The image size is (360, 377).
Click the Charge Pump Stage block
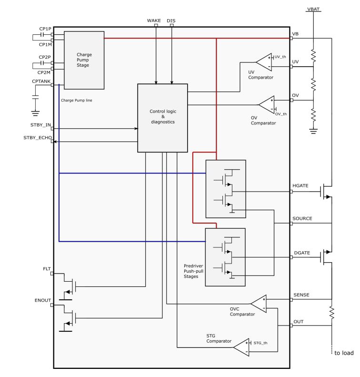click(x=84, y=60)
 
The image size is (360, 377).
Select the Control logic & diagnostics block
click(x=162, y=118)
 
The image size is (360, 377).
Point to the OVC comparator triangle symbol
click(x=259, y=304)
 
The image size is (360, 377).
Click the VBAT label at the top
click(x=314, y=9)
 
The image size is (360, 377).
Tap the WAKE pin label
click(x=154, y=20)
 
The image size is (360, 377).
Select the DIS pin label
click(x=171, y=20)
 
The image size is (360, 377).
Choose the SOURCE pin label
click(x=302, y=218)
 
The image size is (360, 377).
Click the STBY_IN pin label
click(x=40, y=125)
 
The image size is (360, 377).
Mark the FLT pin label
click(x=46, y=269)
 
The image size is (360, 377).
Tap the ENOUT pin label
click(x=43, y=300)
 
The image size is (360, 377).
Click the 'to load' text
click(x=344, y=353)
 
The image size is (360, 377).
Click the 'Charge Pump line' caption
click(x=77, y=101)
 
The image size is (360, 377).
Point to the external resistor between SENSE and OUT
click(x=332, y=313)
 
